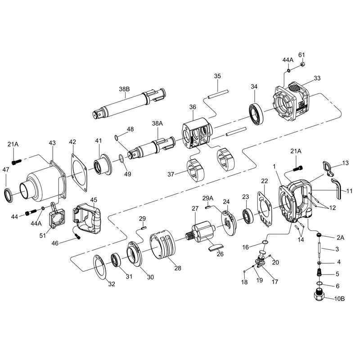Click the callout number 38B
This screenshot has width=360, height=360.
tap(124, 89)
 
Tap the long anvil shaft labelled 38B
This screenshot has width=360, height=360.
tap(129, 103)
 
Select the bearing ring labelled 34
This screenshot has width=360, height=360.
tap(256, 114)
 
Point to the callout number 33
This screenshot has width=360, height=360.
tap(317, 78)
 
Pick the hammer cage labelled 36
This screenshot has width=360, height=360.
tap(197, 134)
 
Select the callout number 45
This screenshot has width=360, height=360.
tap(94, 200)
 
